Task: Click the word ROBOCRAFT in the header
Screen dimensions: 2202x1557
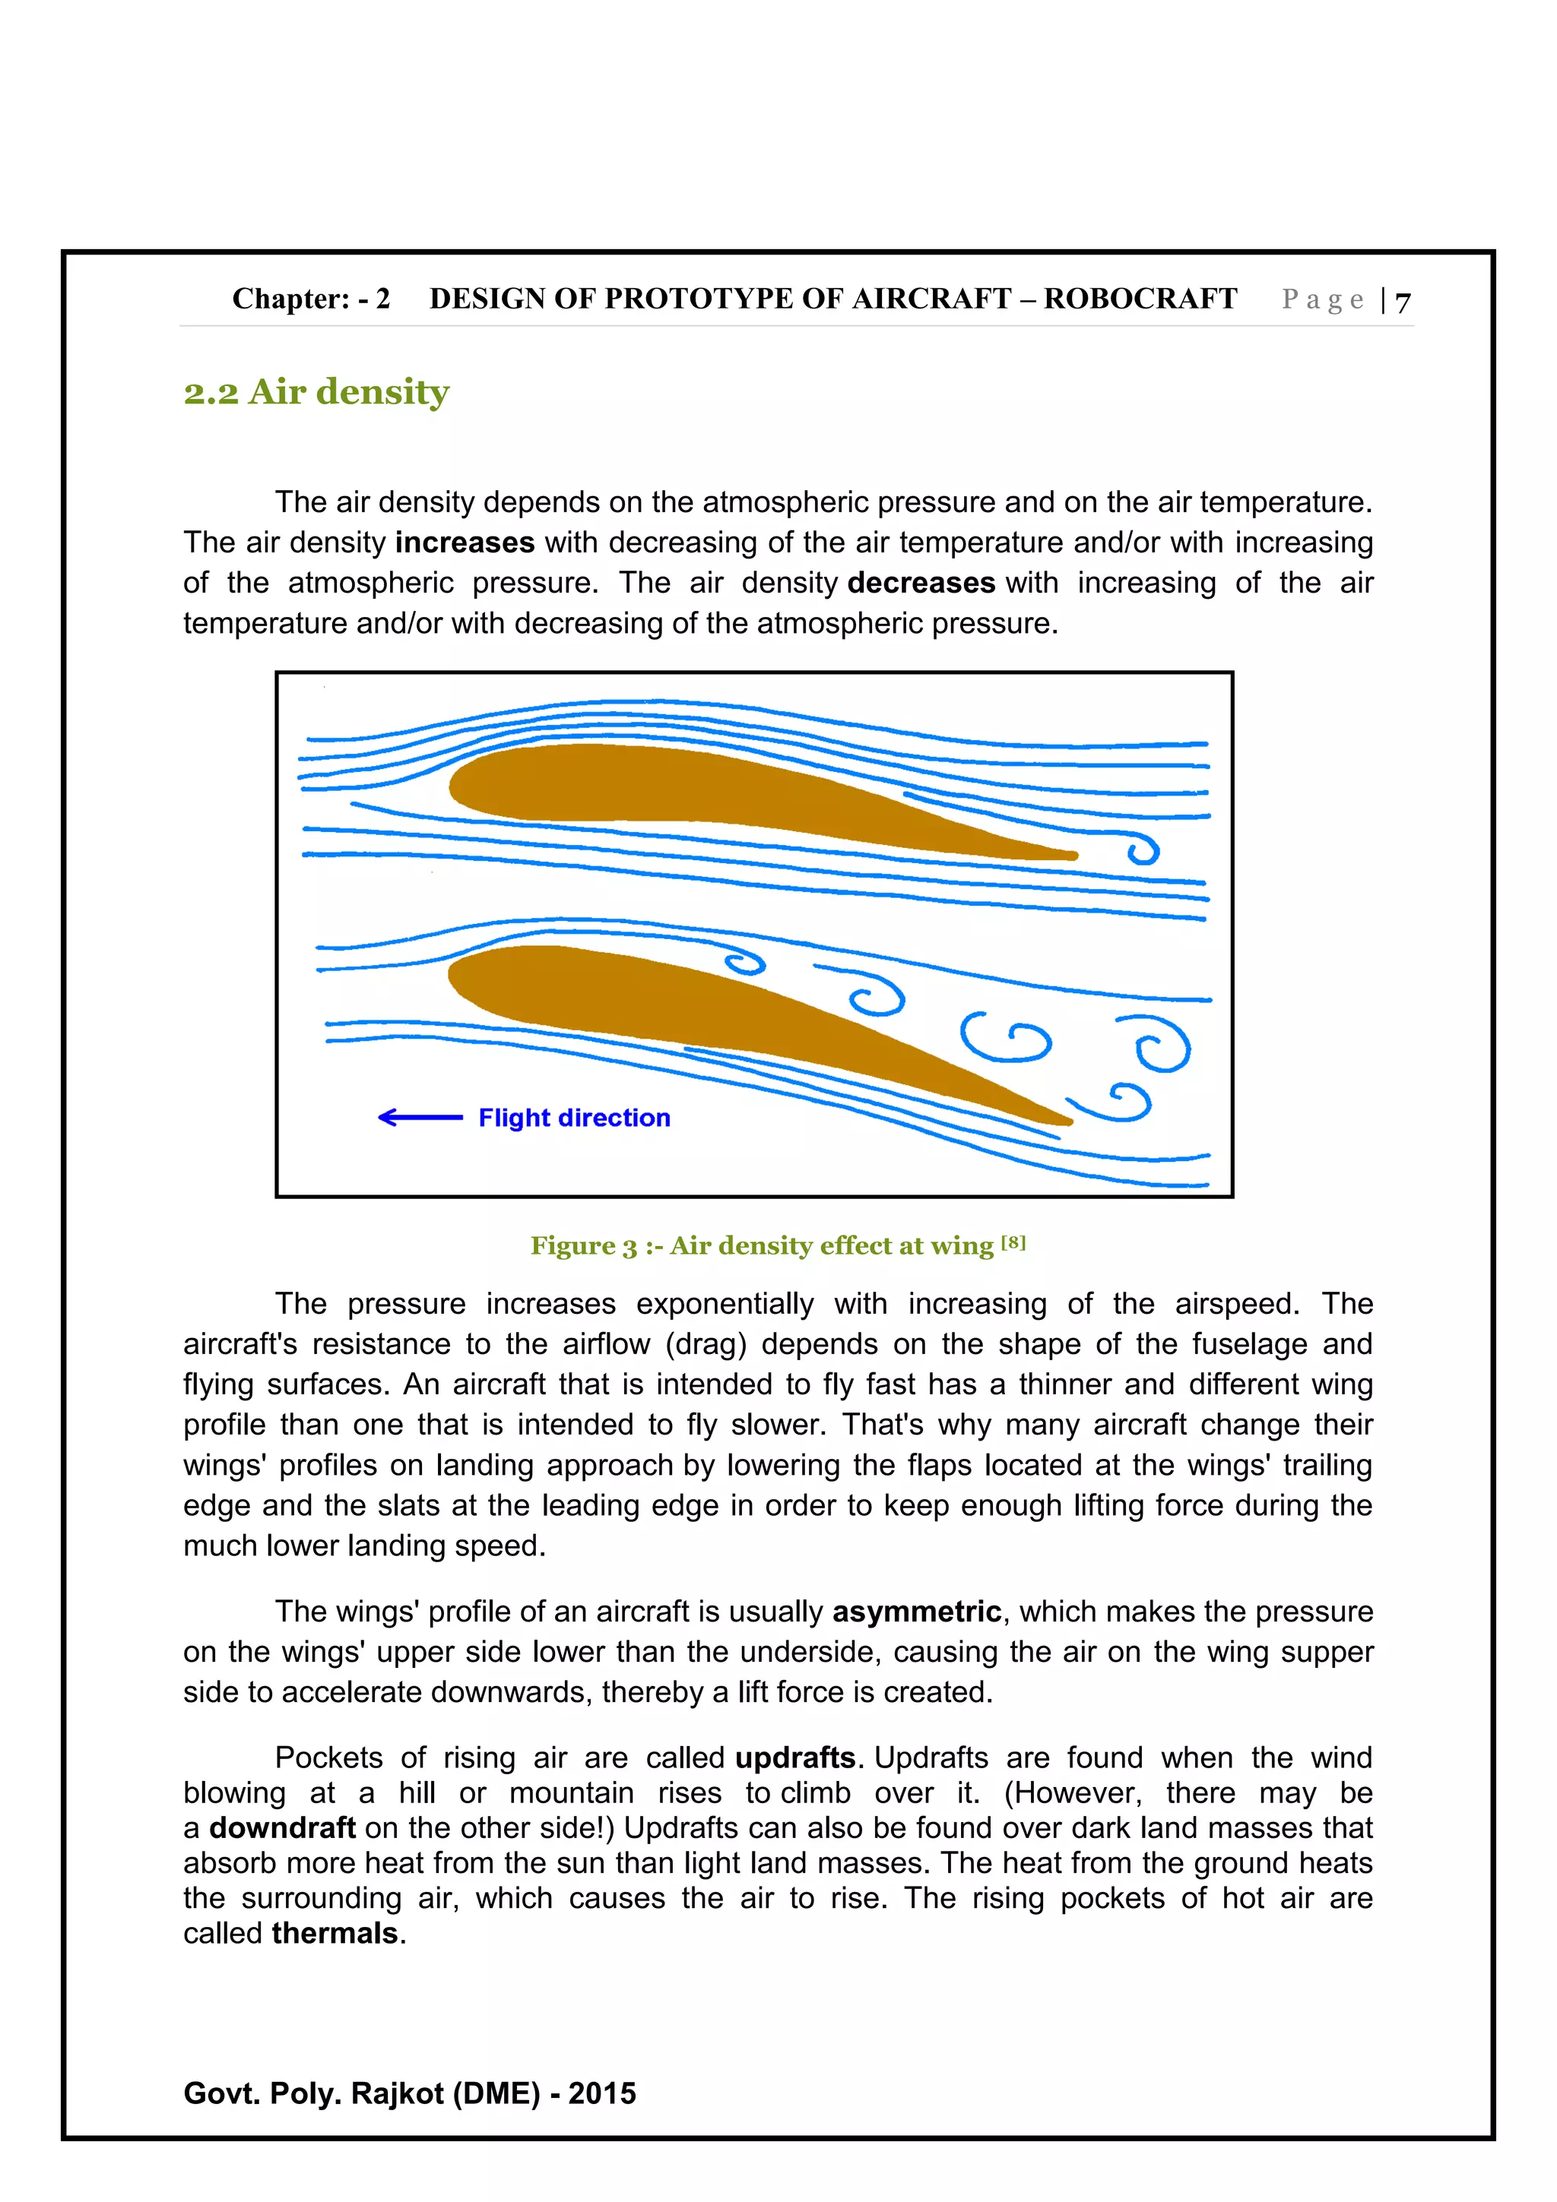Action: tap(1140, 299)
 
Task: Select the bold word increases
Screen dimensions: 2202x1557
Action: tap(465, 543)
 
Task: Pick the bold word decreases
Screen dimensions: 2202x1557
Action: tap(921, 583)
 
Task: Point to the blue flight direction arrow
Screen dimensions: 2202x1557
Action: tap(420, 1117)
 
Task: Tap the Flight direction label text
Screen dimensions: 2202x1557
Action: tap(574, 1118)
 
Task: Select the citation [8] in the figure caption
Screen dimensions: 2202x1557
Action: tap(1013, 1243)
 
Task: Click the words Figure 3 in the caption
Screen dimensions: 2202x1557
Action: tap(583, 1246)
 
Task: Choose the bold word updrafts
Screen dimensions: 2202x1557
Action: tap(795, 1758)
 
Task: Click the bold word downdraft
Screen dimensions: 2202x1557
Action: tap(282, 1828)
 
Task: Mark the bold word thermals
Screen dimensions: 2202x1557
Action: tap(335, 1934)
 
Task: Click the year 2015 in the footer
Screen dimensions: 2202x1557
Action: tap(601, 2093)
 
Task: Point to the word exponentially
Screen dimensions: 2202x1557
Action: tap(725, 1305)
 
